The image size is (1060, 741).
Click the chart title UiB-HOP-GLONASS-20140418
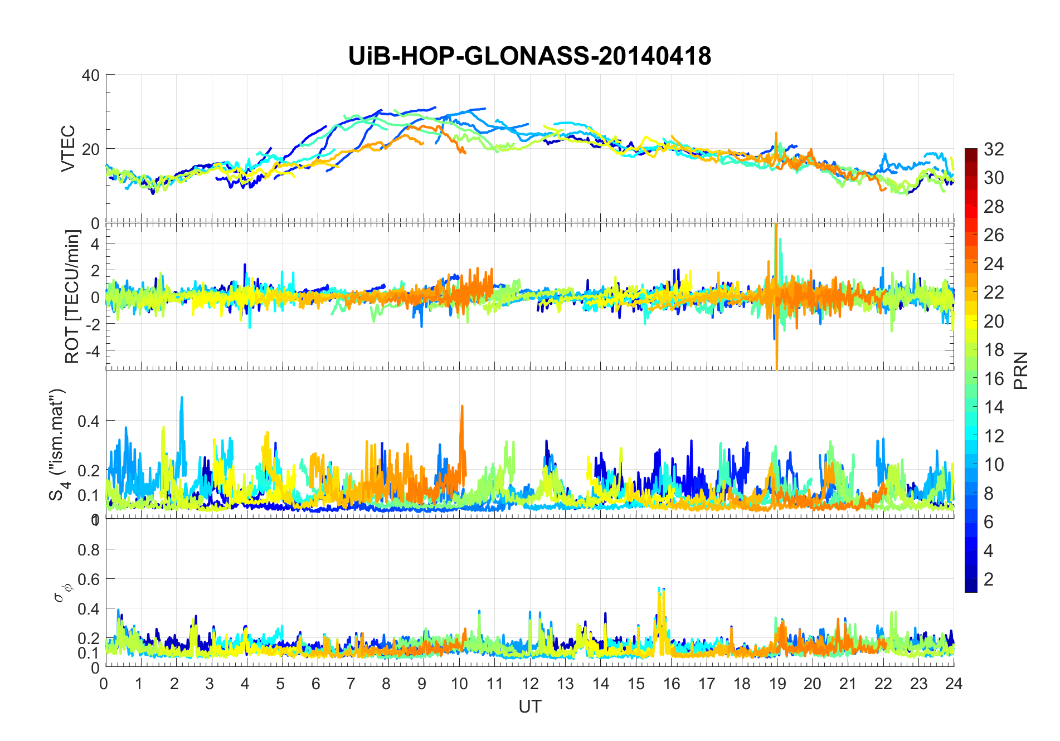529,56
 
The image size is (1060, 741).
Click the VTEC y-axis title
68,148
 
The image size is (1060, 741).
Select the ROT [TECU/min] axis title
72,296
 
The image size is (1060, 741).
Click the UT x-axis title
529,706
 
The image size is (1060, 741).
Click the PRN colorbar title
1020,370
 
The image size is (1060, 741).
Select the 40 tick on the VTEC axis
90,75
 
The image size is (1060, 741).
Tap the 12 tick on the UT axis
530,684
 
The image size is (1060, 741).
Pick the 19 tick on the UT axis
777,684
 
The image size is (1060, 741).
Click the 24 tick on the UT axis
954,684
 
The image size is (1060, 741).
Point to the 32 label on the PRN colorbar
994,149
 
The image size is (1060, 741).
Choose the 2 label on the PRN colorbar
989,579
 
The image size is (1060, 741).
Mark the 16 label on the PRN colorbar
994,379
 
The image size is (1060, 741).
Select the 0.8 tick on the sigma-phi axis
89,549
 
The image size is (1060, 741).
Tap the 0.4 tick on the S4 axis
89,421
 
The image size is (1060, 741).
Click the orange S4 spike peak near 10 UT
462,406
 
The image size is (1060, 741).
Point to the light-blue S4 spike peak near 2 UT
182,398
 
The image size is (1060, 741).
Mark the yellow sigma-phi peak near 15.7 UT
664,591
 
